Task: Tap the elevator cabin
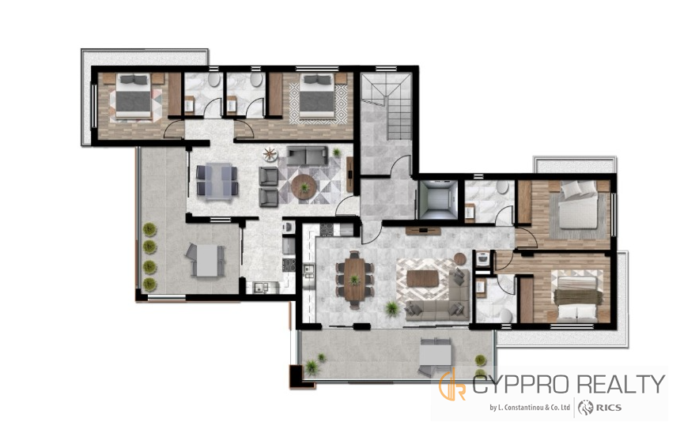pyautogui.click(x=439, y=200)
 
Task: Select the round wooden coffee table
pyautogui.click(x=304, y=186)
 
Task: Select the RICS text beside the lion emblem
pyautogui.click(x=609, y=408)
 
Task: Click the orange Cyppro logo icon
pyautogui.click(x=453, y=384)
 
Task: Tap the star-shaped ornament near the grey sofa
pyautogui.click(x=270, y=154)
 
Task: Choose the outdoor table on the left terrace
pyautogui.click(x=206, y=260)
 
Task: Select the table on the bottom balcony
pyautogui.click(x=435, y=356)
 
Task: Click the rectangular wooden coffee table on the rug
pyautogui.click(x=422, y=279)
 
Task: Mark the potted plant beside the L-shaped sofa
pyautogui.click(x=391, y=309)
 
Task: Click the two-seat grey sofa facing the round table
pyautogui.click(x=307, y=156)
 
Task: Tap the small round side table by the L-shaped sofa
pyautogui.click(x=459, y=258)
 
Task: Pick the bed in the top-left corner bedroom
pyautogui.click(x=134, y=96)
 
